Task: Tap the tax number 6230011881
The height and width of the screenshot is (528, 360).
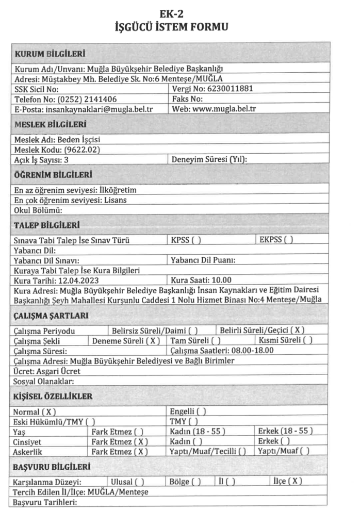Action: pyautogui.click(x=230, y=89)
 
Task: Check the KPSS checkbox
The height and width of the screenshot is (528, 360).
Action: pyautogui.click(x=197, y=240)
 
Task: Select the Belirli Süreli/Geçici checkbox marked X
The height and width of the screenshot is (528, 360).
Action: pyautogui.click(x=298, y=330)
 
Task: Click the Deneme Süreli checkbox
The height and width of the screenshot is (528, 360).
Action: pyautogui.click(x=154, y=340)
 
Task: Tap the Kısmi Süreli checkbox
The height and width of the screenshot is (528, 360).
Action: pyautogui.click(x=308, y=340)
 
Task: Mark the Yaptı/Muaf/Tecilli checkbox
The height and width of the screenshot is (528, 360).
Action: pyautogui.click(x=242, y=451)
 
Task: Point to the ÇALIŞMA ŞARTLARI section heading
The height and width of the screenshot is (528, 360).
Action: pyautogui.click(x=51, y=316)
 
